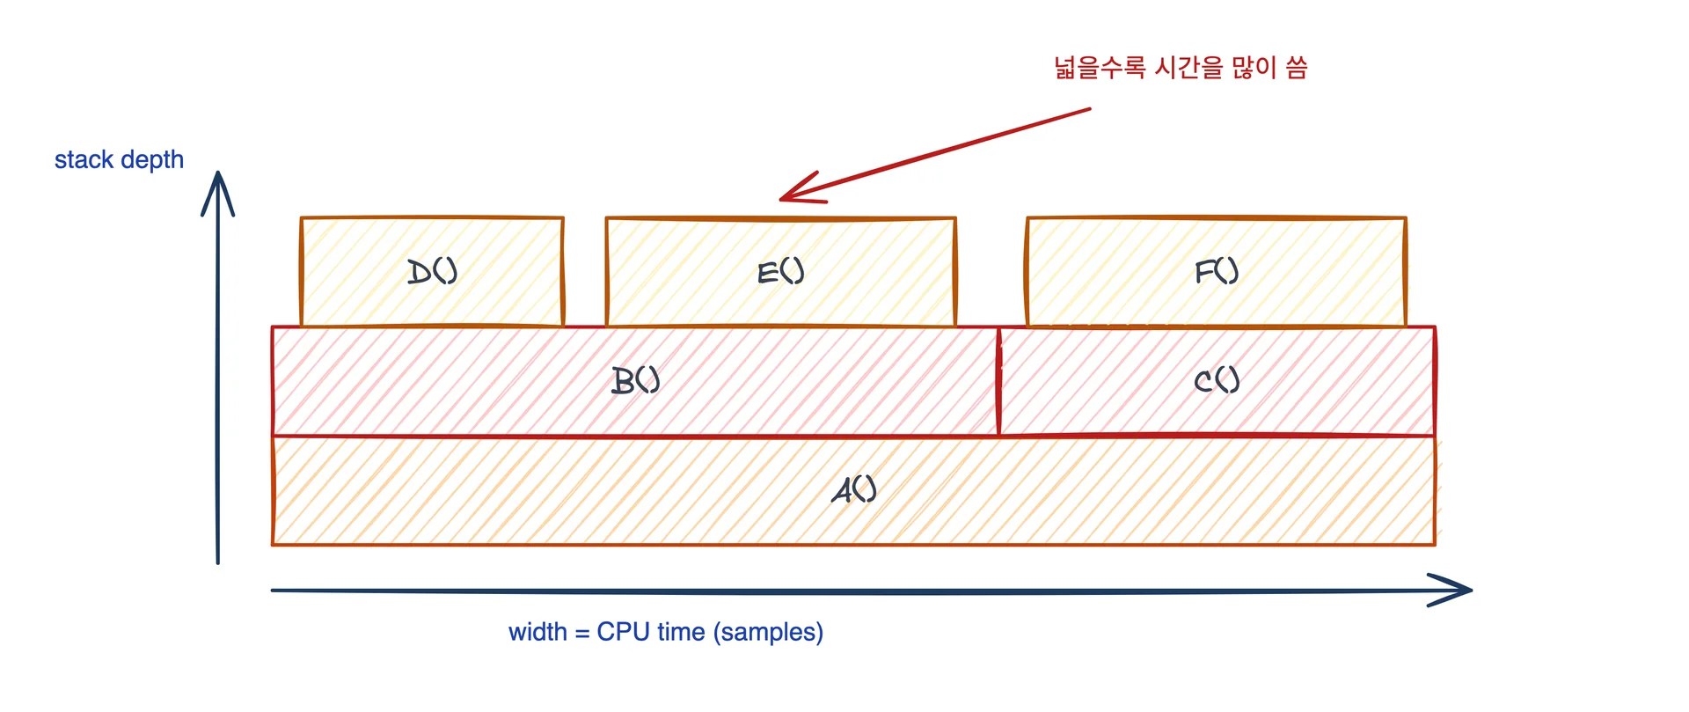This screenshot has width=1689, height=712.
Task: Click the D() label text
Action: click(x=432, y=271)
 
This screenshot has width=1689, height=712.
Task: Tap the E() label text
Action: click(x=780, y=271)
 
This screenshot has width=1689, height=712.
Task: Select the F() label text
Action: click(x=1216, y=271)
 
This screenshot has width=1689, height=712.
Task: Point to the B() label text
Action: click(x=635, y=380)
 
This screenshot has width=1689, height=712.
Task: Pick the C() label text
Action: click(x=1217, y=380)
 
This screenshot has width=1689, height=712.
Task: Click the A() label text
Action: click(x=853, y=489)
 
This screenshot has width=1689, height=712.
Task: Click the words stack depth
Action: click(x=119, y=159)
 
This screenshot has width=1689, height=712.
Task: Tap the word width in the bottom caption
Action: click(x=537, y=632)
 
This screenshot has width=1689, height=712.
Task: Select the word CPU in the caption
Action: click(x=623, y=632)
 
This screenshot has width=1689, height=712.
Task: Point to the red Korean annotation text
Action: click(x=1181, y=68)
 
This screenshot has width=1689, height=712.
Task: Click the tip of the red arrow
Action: click(x=782, y=200)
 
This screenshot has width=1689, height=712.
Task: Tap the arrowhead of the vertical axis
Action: click(x=217, y=176)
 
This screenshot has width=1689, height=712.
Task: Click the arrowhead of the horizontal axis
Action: click(x=1467, y=590)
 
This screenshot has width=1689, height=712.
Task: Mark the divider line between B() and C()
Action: click(x=998, y=381)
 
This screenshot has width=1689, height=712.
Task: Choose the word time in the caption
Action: click(x=681, y=632)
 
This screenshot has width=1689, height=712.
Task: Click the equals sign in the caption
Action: click(x=581, y=634)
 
